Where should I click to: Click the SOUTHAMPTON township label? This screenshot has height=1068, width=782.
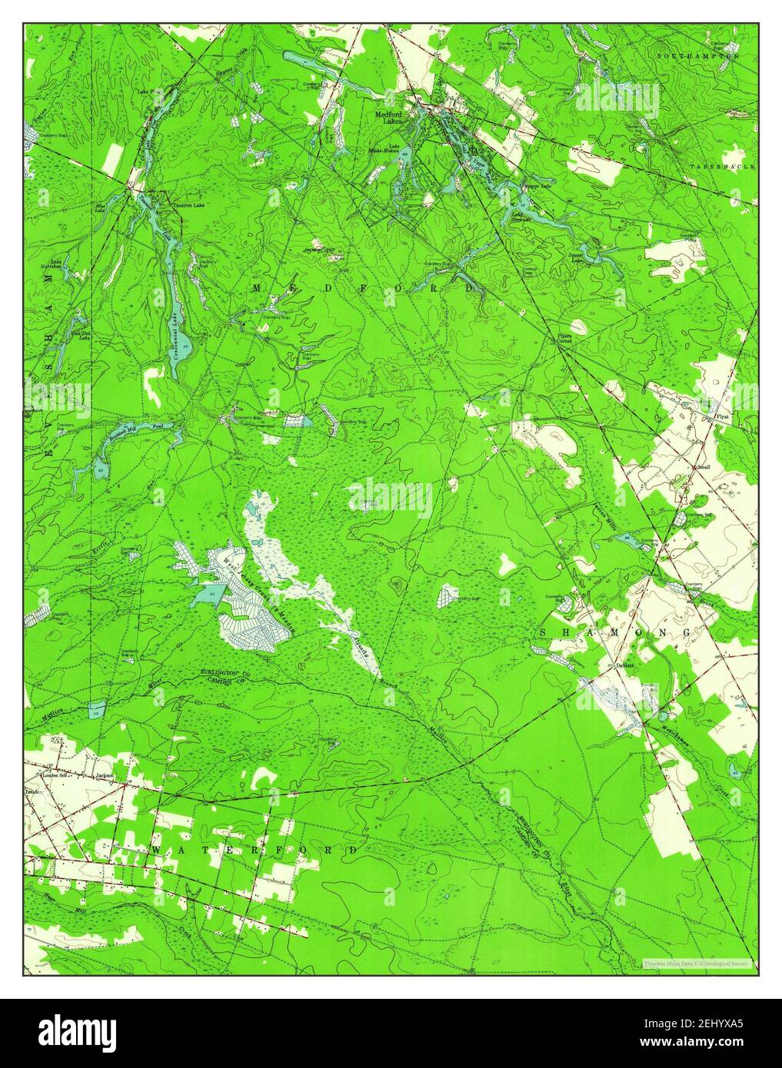click(x=698, y=56)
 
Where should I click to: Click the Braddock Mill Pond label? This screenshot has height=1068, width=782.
click(x=140, y=426)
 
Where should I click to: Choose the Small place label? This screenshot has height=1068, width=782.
click(x=704, y=467)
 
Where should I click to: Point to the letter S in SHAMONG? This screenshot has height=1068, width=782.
click(x=544, y=631)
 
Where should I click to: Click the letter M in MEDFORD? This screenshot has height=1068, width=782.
click(x=259, y=287)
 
